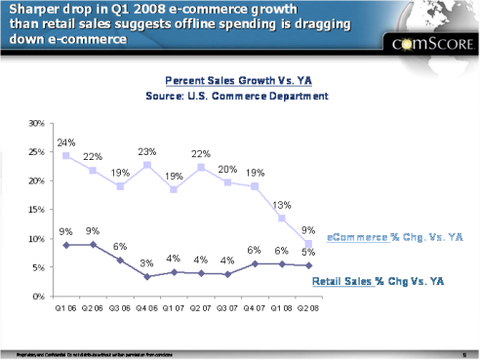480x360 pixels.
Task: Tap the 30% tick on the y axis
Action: (x=36, y=124)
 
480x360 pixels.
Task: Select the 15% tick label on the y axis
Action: (x=36, y=210)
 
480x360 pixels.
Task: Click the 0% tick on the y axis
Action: (x=39, y=296)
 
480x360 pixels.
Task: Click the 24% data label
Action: (x=64, y=141)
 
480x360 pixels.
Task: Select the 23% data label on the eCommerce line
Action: (x=146, y=151)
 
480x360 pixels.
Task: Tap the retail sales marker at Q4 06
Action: (x=146, y=277)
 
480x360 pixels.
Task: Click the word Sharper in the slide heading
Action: (x=30, y=11)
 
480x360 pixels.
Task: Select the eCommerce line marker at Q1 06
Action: (x=65, y=156)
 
